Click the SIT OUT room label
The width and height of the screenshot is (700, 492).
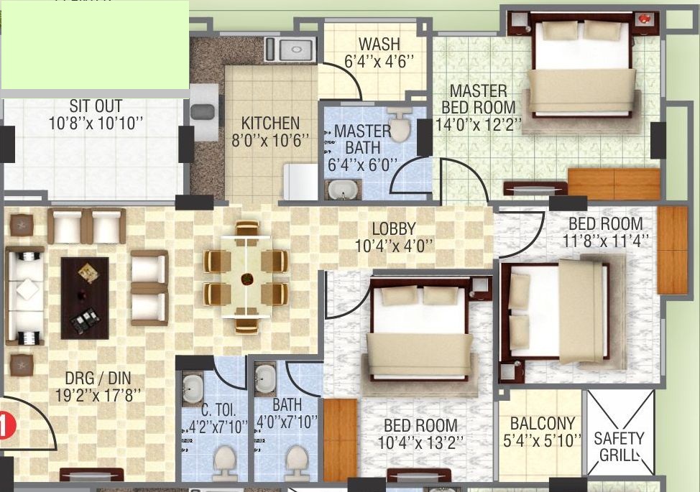pyautogui.click(x=96, y=106)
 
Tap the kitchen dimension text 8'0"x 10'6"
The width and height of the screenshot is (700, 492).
pyautogui.click(x=270, y=140)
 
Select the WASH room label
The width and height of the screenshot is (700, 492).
pyautogui.click(x=379, y=44)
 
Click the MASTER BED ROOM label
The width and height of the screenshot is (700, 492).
pyautogui.click(x=479, y=99)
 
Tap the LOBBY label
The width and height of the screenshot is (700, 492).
pyautogui.click(x=394, y=229)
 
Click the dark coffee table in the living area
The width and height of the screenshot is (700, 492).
pyautogui.click(x=85, y=298)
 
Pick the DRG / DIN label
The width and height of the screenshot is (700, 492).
pyautogui.click(x=98, y=379)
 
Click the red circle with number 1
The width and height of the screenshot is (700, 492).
pyautogui.click(x=6, y=424)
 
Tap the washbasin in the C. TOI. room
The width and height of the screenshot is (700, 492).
pyautogui.click(x=193, y=388)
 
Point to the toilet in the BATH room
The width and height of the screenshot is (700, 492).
pyautogui.click(x=296, y=463)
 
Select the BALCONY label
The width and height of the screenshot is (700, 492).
pyautogui.click(x=543, y=423)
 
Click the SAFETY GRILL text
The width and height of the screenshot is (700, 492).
pyautogui.click(x=619, y=447)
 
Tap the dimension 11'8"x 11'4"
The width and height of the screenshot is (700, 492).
pyautogui.click(x=605, y=241)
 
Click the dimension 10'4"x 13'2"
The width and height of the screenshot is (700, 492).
pyautogui.click(x=420, y=442)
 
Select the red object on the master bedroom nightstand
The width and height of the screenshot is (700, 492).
pyautogui.click(x=644, y=19)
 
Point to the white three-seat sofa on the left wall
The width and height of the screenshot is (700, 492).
pyautogui.click(x=25, y=295)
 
